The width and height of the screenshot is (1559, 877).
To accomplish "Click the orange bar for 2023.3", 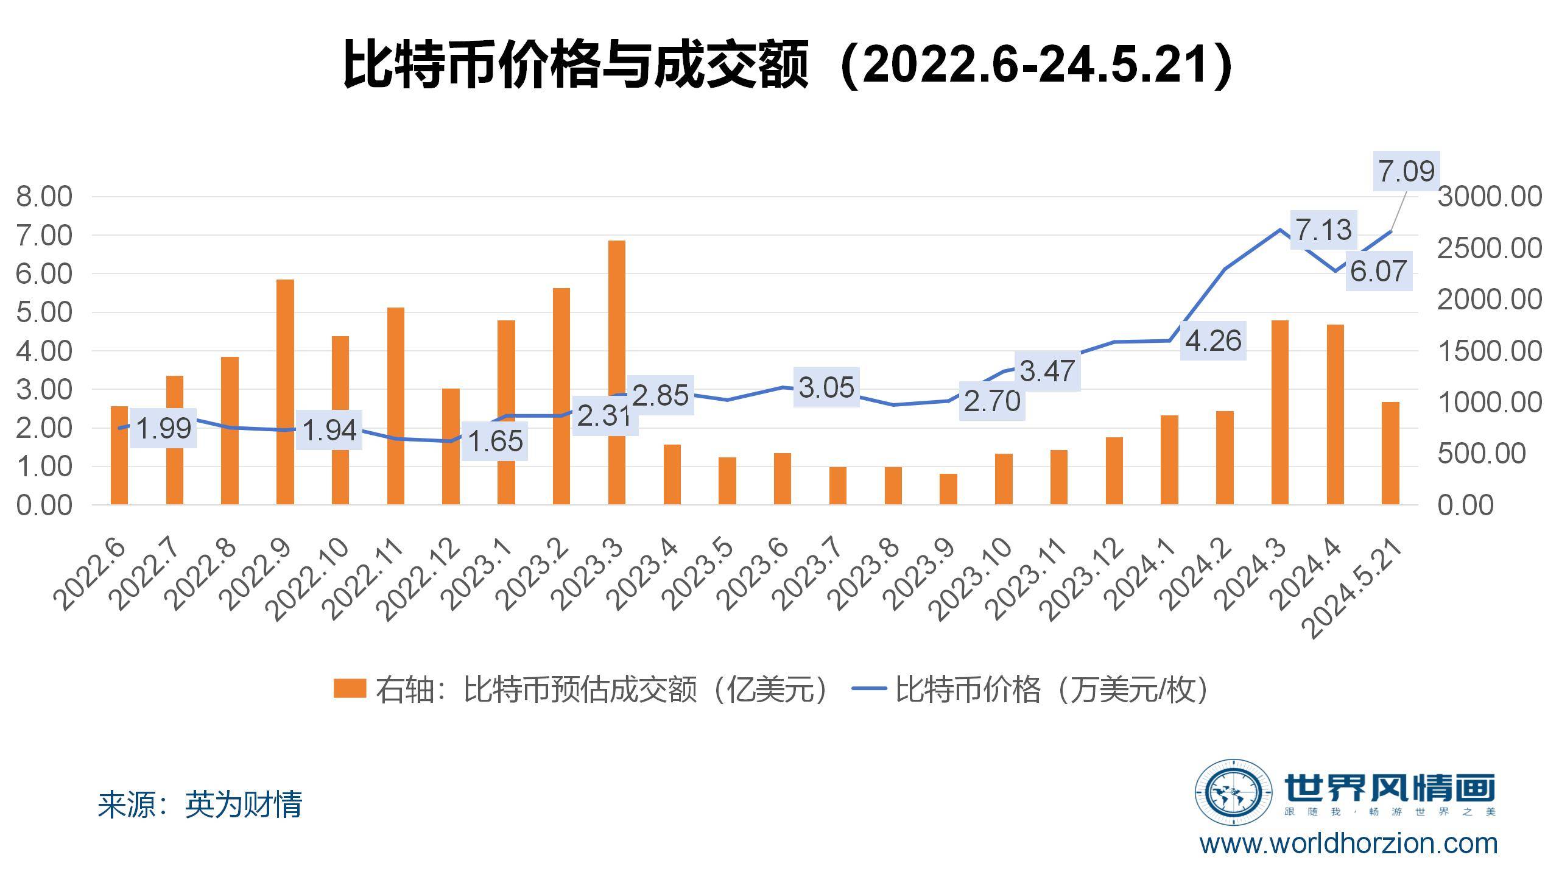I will click(616, 372).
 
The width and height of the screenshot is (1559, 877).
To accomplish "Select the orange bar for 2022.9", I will click(285, 392).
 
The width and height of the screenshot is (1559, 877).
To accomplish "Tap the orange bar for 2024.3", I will click(1280, 412).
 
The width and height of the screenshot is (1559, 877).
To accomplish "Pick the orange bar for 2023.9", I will click(948, 489).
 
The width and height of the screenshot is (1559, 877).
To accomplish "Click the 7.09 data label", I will click(1406, 171).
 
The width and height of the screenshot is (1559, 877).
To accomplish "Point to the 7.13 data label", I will click(1323, 230).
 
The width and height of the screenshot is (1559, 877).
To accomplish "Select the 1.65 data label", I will click(495, 442).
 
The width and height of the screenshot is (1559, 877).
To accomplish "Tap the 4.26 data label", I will click(1212, 341).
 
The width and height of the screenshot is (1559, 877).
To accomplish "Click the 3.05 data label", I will click(826, 388).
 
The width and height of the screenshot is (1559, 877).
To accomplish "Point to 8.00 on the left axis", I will click(44, 197).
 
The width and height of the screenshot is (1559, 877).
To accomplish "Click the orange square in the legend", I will click(350, 689).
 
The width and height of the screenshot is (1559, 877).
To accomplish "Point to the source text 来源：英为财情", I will click(200, 805).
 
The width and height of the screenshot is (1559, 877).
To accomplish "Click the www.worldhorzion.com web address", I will click(1348, 844).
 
